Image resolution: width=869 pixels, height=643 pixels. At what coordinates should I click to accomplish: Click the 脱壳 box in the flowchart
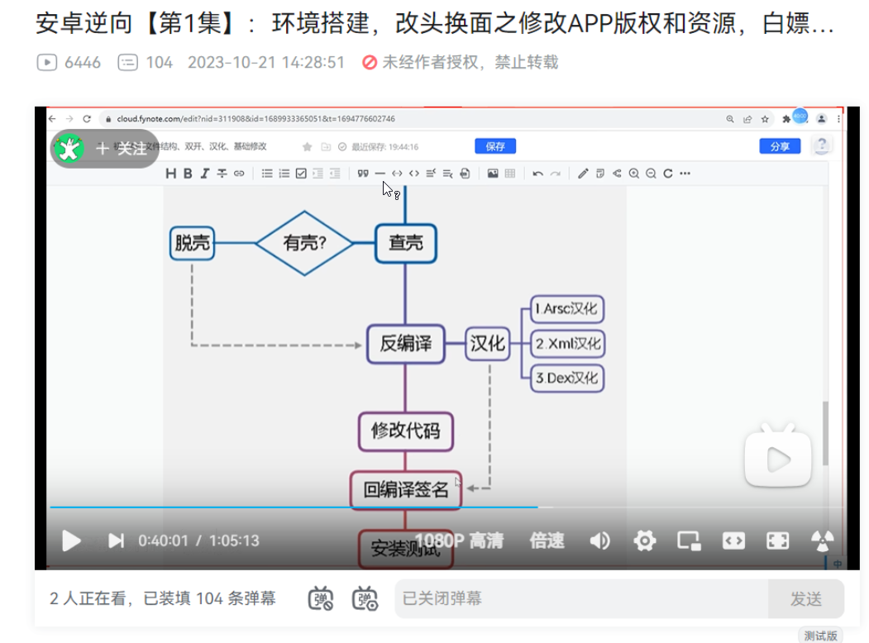192,243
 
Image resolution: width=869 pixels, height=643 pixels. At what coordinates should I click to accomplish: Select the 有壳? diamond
304,243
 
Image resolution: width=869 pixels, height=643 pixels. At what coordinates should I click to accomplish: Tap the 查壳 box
405,243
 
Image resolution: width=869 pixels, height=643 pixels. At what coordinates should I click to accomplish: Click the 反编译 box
405,343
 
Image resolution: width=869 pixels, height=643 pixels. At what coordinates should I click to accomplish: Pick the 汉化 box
487,343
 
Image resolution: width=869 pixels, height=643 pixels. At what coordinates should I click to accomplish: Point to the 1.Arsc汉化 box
567,310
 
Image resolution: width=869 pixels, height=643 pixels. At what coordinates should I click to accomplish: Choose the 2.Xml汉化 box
567,343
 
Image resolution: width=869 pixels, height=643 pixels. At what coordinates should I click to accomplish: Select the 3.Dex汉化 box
567,378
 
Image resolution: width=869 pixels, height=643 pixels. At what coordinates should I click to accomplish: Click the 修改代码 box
405,431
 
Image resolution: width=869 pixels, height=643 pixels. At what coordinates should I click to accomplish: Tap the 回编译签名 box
405,489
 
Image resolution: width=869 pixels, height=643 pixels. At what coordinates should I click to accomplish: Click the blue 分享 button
780,146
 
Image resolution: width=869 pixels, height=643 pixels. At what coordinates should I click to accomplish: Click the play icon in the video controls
72,541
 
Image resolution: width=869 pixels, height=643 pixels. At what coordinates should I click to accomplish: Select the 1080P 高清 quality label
459,541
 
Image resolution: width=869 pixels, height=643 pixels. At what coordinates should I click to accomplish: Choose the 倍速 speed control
547,541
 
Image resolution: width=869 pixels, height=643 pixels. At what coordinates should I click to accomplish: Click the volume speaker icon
599,541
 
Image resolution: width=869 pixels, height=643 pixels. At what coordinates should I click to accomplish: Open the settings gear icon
644,541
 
